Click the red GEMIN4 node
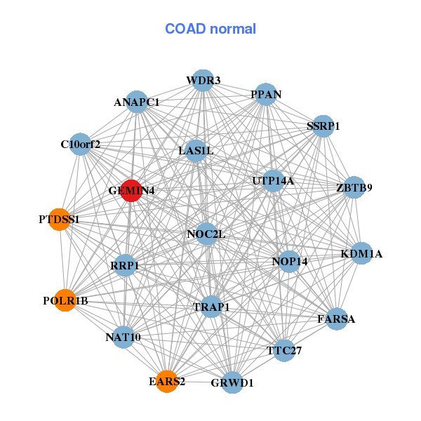pos(131,190)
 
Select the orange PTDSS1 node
pos(60,220)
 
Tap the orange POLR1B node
pos(65,300)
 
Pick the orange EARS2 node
pos(167,381)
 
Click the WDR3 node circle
pos(202,81)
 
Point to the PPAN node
pos(265,95)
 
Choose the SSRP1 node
pos(323,126)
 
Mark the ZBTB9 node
pos(354,187)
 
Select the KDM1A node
pos(361,253)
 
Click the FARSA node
pos(337,319)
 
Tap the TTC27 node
pos(284,349)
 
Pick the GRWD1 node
pos(232,382)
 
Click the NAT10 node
pos(123,337)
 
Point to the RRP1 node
pos(125,266)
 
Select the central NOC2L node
pos(206,234)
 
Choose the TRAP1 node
pos(211,307)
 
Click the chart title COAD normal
pos(210,29)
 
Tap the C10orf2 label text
pos(80,145)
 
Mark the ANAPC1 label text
pos(137,102)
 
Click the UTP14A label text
pos(273,181)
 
